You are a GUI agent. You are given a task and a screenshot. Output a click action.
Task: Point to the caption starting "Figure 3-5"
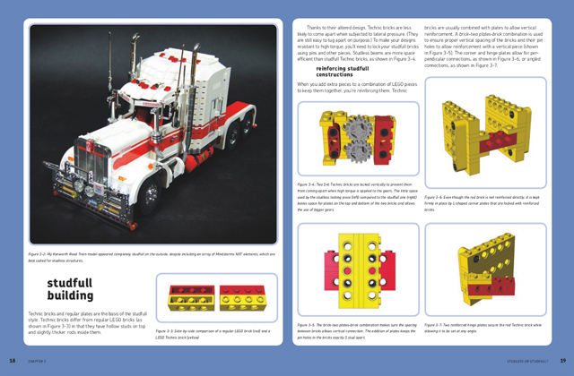pos(353,328)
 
